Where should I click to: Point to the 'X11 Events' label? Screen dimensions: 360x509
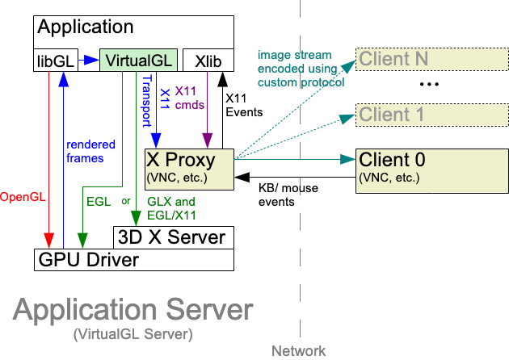[242, 105]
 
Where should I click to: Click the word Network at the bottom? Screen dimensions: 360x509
[299, 351]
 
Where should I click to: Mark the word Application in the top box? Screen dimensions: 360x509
[86, 27]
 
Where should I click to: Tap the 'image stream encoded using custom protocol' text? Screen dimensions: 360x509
[301, 69]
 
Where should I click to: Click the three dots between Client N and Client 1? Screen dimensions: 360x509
[428, 85]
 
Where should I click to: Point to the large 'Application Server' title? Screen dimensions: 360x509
[133, 311]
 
